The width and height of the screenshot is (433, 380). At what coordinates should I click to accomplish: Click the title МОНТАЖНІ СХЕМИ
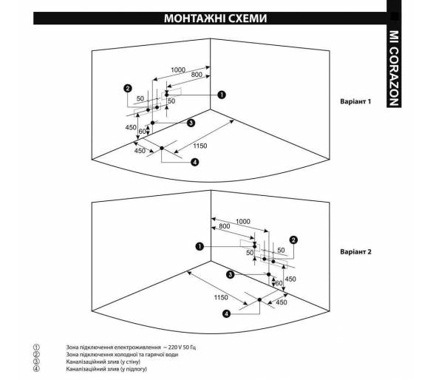pyautogui.click(x=216, y=18)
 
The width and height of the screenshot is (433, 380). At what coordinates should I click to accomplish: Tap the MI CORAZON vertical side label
pyautogui.click(x=394, y=68)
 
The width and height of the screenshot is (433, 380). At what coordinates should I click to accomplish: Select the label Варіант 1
pyautogui.click(x=355, y=101)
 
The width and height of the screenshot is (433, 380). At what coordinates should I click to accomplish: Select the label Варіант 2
pyautogui.click(x=355, y=252)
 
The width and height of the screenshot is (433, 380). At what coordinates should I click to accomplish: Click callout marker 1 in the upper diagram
pyautogui.click(x=222, y=95)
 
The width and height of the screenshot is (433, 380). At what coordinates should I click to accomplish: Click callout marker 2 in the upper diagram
pyautogui.click(x=128, y=89)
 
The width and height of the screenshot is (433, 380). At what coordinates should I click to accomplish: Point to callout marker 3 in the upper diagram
pyautogui.click(x=191, y=123)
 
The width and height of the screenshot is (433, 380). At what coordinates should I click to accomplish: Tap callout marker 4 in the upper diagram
pyautogui.click(x=195, y=162)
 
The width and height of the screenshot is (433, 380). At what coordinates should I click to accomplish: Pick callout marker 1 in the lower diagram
pyautogui.click(x=200, y=246)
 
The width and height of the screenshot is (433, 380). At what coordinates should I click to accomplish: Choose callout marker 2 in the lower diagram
pyautogui.click(x=293, y=240)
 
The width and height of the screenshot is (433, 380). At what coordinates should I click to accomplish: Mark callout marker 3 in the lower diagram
pyautogui.click(x=230, y=274)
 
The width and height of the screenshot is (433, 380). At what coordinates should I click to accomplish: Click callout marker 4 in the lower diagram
pyautogui.click(x=226, y=313)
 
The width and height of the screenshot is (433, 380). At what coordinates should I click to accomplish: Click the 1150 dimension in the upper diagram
pyautogui.click(x=200, y=146)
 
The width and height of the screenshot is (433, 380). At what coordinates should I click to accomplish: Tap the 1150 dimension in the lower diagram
pyautogui.click(x=221, y=297)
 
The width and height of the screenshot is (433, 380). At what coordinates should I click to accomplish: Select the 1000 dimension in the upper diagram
pyautogui.click(x=178, y=70)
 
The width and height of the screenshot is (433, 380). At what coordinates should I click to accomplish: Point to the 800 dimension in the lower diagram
pyautogui.click(x=225, y=226)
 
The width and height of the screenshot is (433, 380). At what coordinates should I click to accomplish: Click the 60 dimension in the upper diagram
pyautogui.click(x=142, y=132)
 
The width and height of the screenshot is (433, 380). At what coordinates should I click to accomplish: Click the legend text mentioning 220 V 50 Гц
pyautogui.click(x=131, y=347)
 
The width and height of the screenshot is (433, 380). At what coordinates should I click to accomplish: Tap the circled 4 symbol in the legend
pyautogui.click(x=36, y=369)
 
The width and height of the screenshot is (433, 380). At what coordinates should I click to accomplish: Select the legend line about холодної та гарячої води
pyautogui.click(x=122, y=354)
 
